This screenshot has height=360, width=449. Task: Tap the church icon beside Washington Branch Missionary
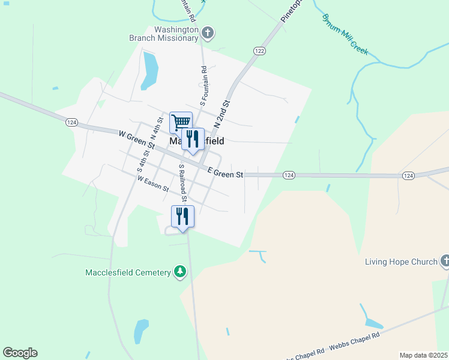(208, 32)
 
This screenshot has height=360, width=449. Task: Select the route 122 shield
(259, 51)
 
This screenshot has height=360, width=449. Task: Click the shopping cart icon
(180, 122)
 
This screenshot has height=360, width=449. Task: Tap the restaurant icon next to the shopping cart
(193, 139)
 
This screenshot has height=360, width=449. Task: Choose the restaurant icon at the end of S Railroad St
(182, 216)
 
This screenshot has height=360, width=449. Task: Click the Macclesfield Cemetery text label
(128, 272)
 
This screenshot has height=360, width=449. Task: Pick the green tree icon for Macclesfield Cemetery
(179, 272)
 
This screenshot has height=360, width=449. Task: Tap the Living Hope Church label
(400, 262)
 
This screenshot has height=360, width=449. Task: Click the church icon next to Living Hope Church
(445, 261)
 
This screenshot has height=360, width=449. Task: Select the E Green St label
(225, 173)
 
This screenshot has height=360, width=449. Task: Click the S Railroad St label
(183, 182)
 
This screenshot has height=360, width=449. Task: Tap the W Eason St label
(153, 183)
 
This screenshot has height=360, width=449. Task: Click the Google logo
(20, 353)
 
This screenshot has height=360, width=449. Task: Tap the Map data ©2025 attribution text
(423, 355)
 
